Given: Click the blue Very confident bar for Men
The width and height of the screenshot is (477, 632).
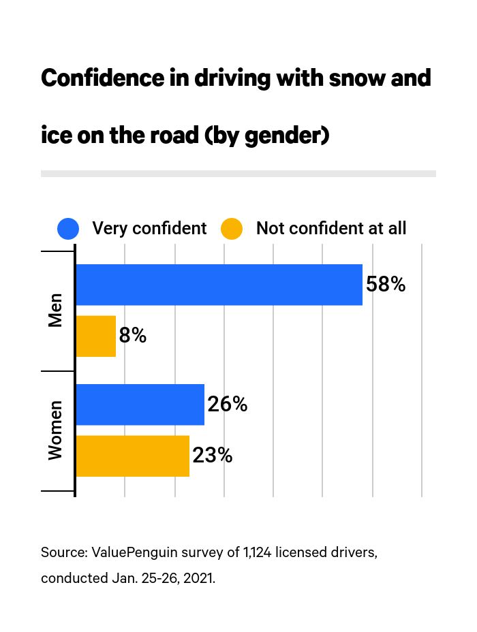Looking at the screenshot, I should (x=219, y=285).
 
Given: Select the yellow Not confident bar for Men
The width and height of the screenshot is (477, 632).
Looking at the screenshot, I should (x=95, y=336).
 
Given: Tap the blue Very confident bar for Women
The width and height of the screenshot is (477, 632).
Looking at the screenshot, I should (x=140, y=405).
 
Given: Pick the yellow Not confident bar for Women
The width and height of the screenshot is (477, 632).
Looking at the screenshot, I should (x=132, y=456).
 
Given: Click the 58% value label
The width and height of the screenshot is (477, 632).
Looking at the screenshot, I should (x=386, y=285).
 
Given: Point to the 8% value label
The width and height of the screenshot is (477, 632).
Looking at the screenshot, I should (x=132, y=336).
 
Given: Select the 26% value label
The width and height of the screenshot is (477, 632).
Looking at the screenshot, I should (x=227, y=405).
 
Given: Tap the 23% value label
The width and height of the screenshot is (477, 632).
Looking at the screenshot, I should (x=212, y=456).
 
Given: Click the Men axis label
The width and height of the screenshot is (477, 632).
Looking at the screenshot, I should (x=55, y=311).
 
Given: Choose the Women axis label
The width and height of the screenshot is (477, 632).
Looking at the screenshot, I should (x=55, y=430).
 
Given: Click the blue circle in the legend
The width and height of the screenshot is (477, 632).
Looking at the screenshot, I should (x=68, y=229).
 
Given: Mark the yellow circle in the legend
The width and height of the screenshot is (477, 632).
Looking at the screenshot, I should (x=232, y=229).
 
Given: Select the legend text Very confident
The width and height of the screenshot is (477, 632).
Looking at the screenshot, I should (x=149, y=229).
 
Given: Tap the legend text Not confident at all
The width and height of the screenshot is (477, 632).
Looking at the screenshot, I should (x=330, y=229).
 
